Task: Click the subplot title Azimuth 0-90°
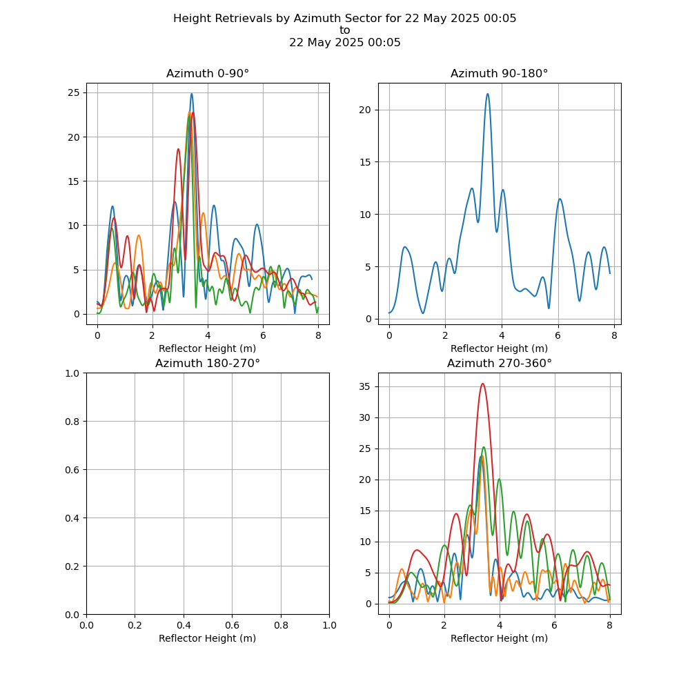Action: [207, 74]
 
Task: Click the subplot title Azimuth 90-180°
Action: [499, 74]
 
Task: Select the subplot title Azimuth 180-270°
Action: [207, 364]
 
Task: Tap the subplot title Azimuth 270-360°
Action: [499, 364]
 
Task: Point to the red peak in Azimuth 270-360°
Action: [482, 384]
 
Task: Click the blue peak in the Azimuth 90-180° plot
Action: [487, 95]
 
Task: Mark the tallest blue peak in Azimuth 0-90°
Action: [192, 94]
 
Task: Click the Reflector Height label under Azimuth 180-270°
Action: [207, 638]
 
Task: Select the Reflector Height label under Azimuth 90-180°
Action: [499, 348]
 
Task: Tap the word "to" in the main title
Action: [345, 30]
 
